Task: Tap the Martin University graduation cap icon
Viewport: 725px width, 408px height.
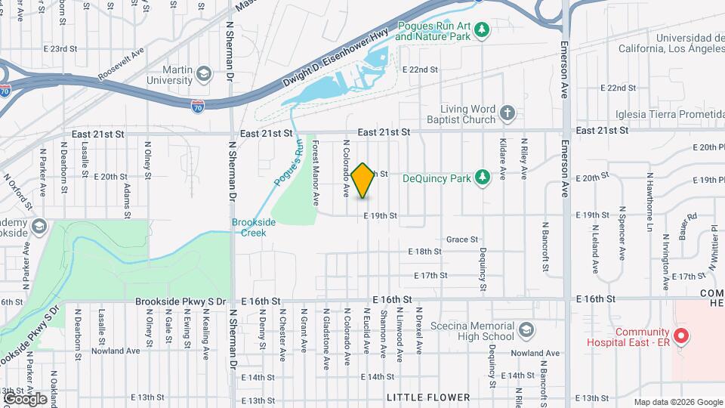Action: point(203,73)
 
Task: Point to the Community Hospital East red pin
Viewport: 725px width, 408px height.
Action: point(681,335)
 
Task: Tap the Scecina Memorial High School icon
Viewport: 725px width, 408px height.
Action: point(526,331)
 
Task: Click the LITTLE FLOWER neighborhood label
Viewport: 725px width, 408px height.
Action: point(428,397)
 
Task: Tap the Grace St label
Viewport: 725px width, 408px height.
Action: point(462,239)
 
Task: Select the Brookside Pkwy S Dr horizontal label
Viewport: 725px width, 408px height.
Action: point(180,301)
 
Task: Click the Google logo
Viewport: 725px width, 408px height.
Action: point(25,398)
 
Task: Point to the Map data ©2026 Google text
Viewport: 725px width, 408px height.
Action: point(678,402)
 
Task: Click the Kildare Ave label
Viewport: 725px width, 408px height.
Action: point(502,159)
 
